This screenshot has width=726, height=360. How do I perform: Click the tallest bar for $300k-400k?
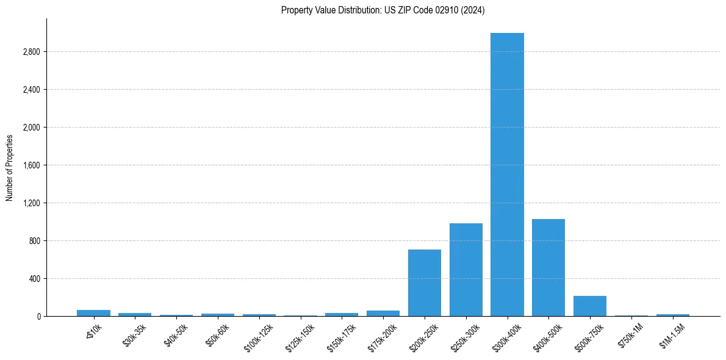tap(507, 175)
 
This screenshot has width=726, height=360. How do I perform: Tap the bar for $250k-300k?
tap(465, 270)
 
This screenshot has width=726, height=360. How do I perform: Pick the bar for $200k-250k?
tap(425, 283)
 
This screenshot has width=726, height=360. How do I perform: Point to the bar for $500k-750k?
tap(590, 306)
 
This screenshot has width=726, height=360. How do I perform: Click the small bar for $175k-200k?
tap(383, 314)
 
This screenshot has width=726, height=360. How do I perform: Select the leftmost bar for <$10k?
tap(93, 313)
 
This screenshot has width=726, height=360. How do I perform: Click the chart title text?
tap(383, 10)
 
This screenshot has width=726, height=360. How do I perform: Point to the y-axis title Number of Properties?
tap(10, 167)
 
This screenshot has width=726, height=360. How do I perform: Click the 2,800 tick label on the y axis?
tap(31, 52)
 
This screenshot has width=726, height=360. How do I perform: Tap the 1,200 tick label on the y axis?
tap(31, 203)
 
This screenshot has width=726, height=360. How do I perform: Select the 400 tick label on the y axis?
tap(34, 279)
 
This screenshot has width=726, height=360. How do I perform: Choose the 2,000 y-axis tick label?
tap(31, 128)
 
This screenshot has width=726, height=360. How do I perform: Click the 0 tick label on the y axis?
tap(38, 317)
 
